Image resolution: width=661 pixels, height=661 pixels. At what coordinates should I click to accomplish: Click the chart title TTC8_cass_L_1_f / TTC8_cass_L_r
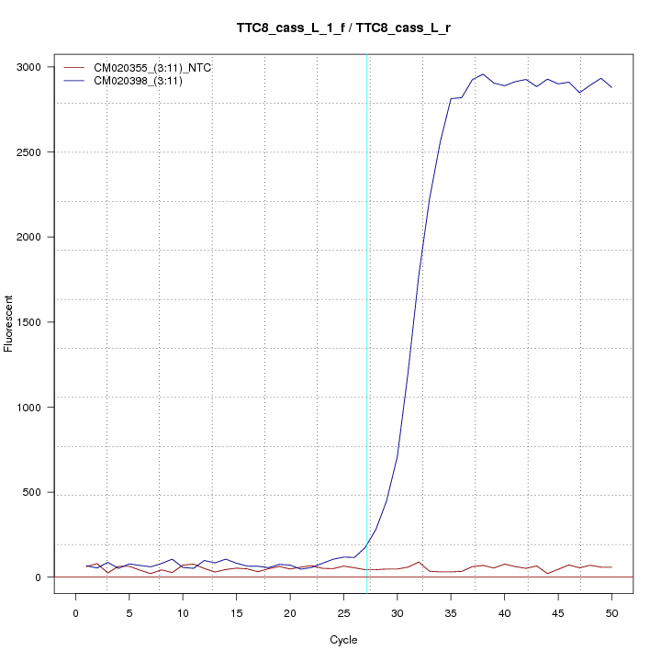click(x=343, y=28)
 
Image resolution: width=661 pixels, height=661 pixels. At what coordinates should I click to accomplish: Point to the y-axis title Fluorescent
click(x=10, y=322)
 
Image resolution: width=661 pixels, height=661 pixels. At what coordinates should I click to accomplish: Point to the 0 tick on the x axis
click(x=75, y=611)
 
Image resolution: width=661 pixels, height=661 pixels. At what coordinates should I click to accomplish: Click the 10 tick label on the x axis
click(x=183, y=611)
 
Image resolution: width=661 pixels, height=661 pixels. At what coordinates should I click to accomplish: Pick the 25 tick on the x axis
click(x=343, y=611)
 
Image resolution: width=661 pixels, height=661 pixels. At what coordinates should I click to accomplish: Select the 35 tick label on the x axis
click(x=451, y=611)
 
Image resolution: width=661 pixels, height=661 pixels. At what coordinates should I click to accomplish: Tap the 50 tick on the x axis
click(x=611, y=611)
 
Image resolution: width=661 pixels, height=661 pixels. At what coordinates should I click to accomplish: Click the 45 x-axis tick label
click(x=558, y=611)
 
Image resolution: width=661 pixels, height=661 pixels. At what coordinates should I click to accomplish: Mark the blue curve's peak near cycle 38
click(x=483, y=74)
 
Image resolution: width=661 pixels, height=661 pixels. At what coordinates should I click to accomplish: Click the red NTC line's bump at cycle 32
click(x=419, y=562)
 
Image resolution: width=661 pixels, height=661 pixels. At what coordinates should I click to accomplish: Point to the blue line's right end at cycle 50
click(x=611, y=87)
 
